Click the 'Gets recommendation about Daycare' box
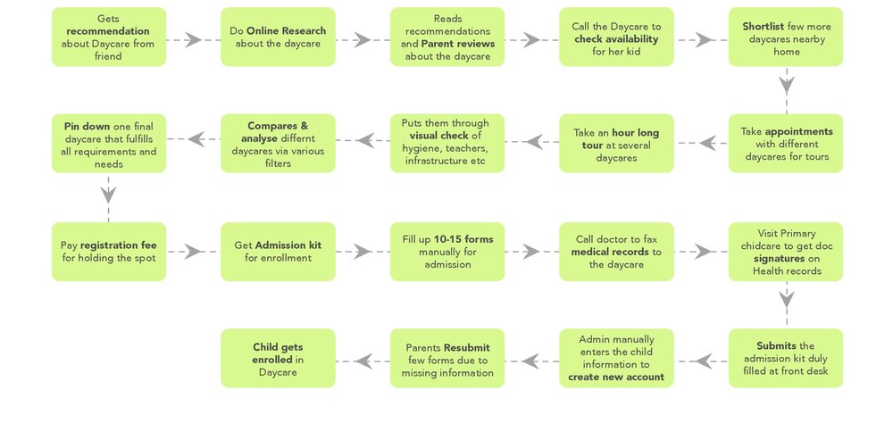tap(108, 37)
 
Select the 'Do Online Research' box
tap(278, 37)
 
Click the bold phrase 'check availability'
tap(616, 38)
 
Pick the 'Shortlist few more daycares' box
tap(785, 37)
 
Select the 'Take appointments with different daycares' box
tap(785, 144)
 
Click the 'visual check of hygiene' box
tap(446, 144)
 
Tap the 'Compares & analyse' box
tap(278, 144)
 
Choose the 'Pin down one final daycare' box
tap(108, 144)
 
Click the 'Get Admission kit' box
tap(278, 252)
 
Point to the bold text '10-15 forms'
tap(463, 239)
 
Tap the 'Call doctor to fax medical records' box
tap(616, 252)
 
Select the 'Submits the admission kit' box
tap(785, 358)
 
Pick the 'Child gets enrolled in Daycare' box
tap(278, 358)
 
